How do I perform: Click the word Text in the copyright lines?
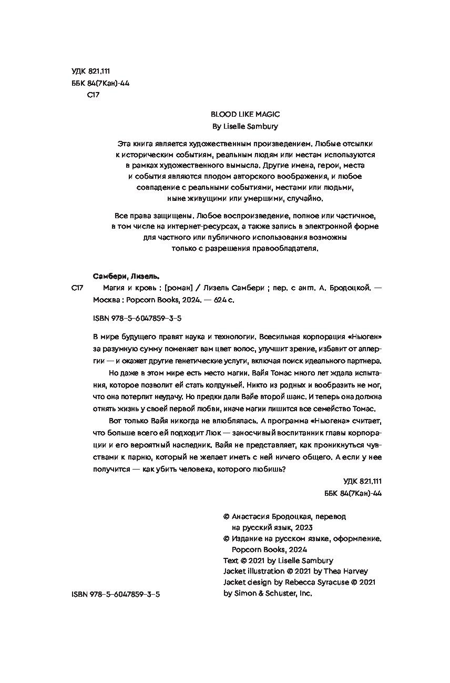[231, 560]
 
